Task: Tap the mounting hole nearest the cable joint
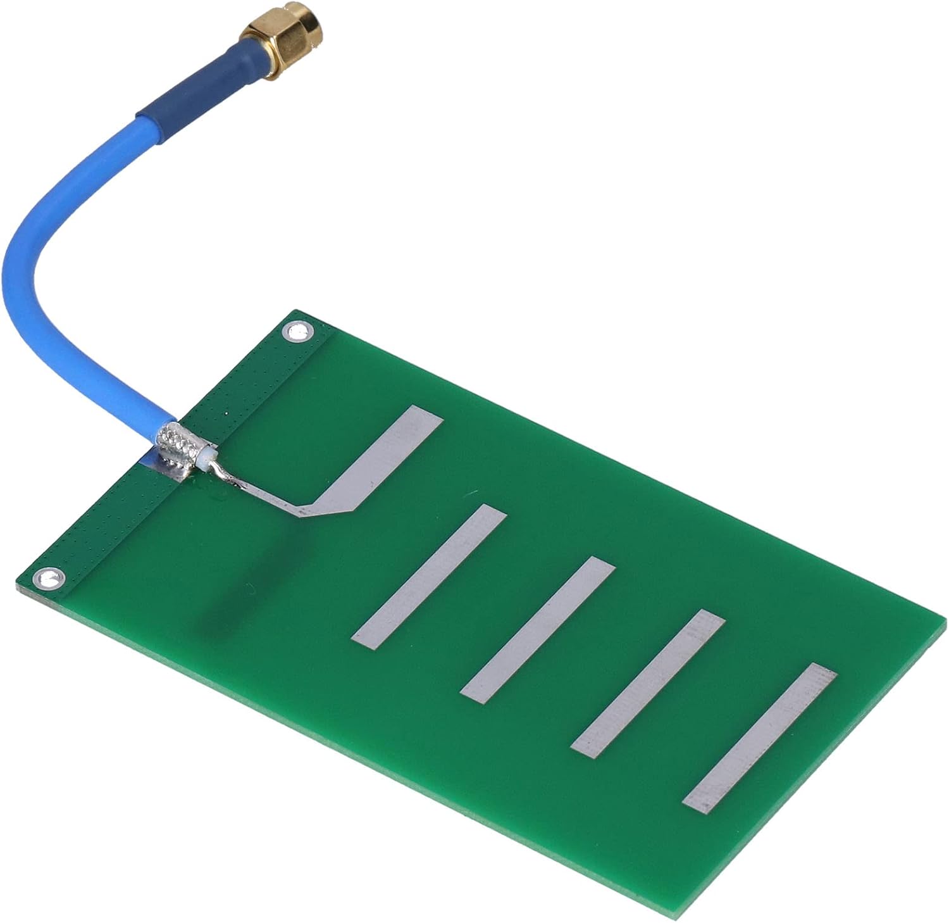[x=297, y=331]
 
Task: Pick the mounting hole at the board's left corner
[x=49, y=578]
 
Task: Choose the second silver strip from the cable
[x=430, y=576]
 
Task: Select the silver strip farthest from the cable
[x=759, y=738]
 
